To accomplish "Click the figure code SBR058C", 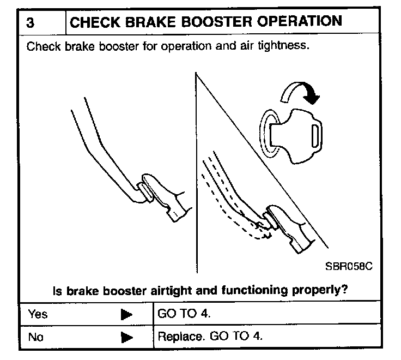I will pos(349,267).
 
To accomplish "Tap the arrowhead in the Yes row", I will pos(126,315).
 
